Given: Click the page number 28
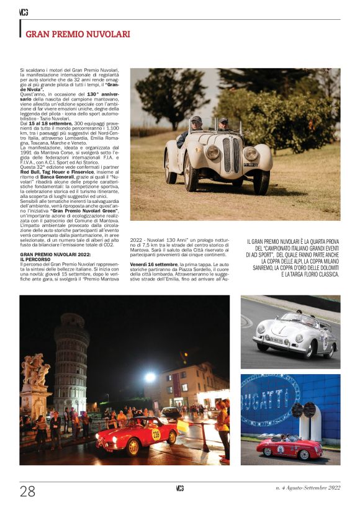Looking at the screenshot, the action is pyautogui.click(x=27, y=491).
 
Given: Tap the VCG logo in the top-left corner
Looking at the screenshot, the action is pyautogui.click(x=24, y=12).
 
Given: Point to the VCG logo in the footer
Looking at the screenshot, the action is pyautogui.click(x=179, y=488).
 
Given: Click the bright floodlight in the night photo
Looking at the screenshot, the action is pyautogui.click(x=149, y=377).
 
